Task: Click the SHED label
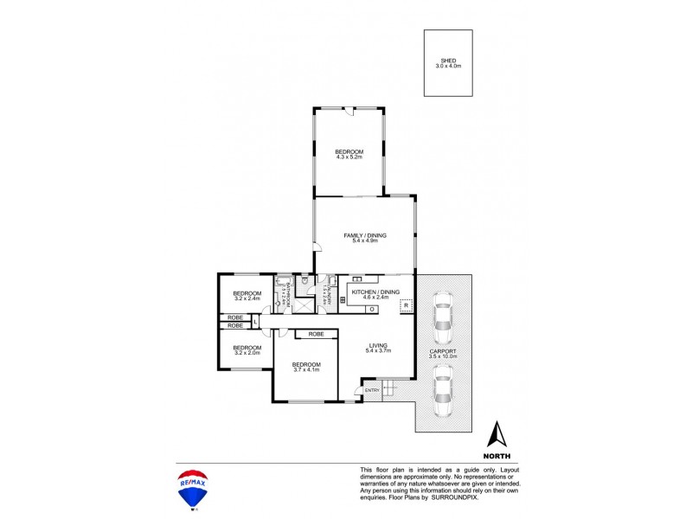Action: click(447, 60)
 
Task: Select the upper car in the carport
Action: click(442, 318)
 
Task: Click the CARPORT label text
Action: click(442, 350)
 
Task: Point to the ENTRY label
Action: click(372, 391)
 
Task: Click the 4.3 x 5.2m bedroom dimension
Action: click(349, 157)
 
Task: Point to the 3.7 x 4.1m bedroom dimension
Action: click(306, 369)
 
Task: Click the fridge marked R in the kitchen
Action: click(405, 306)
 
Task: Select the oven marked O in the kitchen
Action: click(371, 308)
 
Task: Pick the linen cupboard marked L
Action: click(256, 322)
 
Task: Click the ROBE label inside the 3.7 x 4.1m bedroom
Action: click(315, 333)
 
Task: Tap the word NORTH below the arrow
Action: click(497, 455)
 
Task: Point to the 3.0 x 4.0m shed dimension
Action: click(447, 65)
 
